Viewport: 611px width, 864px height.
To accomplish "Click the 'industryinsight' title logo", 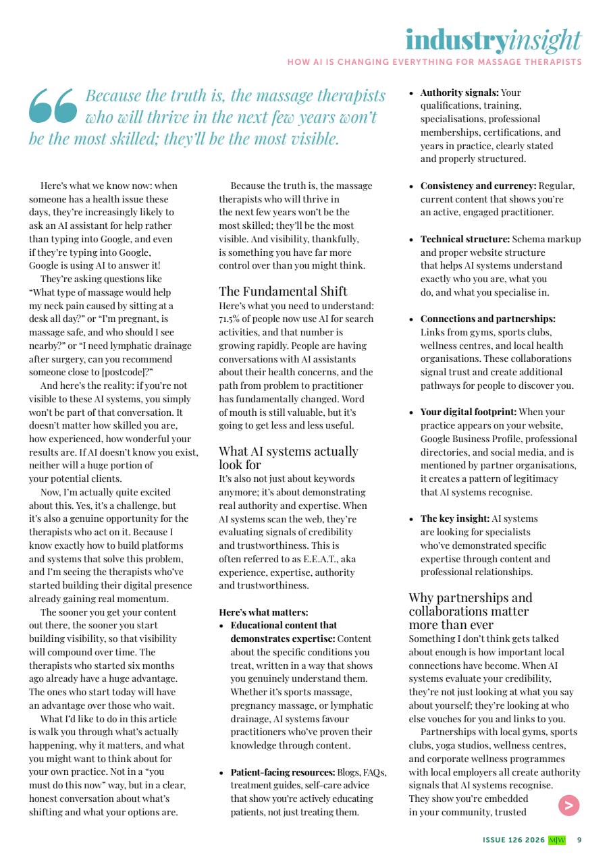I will pos(493,40).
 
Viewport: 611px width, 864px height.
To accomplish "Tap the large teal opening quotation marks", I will pos(53,107).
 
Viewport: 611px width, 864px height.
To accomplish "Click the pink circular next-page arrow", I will pos(569,805).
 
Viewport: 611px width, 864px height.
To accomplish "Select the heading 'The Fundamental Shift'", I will pos(283,291).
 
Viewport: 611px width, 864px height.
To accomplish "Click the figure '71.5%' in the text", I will pos(230,319).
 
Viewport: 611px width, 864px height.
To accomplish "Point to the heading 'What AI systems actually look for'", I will pos(288,458).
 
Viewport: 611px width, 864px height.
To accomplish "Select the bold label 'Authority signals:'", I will pos(459,92).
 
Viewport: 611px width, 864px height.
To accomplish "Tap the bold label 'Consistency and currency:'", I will pos(478,186).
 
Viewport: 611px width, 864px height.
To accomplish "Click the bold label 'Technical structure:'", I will pos(464,239).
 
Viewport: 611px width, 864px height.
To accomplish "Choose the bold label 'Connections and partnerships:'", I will pos(487,319).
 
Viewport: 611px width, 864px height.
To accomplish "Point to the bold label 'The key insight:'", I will pos(454,518).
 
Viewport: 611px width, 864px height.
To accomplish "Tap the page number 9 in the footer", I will pos(579,840).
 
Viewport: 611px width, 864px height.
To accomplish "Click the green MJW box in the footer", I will pos(557,840).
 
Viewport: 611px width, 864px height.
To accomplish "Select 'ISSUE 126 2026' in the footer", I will pos(513,840).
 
